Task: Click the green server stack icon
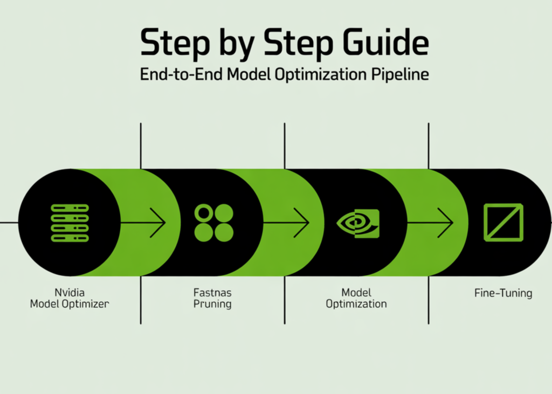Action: (70, 223)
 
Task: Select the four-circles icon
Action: (213, 223)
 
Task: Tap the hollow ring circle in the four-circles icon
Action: (204, 213)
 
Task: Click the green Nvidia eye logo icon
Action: (358, 223)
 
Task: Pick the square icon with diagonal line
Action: (503, 223)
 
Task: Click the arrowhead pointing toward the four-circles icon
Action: (158, 222)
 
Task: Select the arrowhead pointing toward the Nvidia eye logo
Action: (302, 222)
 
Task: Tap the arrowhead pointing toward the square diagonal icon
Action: (446, 222)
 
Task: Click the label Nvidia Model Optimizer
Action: (69, 298)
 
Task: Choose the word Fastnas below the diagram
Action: (213, 293)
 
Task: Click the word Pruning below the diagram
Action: (213, 304)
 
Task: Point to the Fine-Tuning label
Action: (503, 293)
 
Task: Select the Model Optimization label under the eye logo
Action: (356, 298)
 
